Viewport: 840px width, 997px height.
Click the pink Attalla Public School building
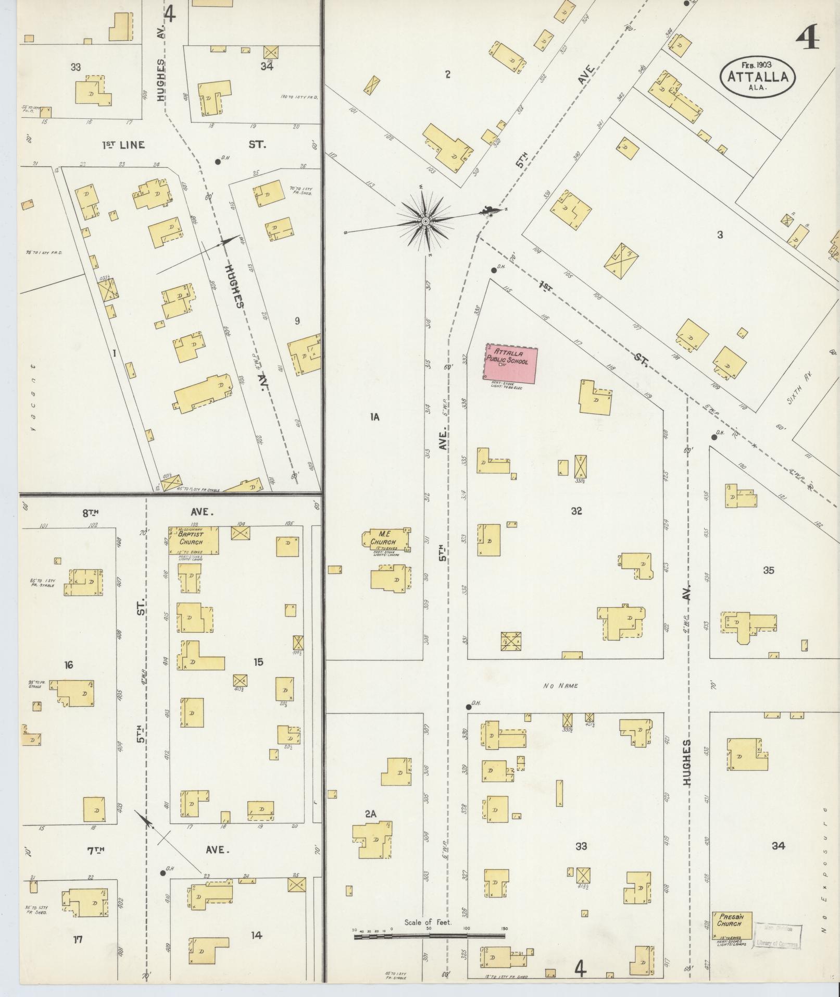pyautogui.click(x=511, y=362)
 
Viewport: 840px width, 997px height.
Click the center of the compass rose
pyautogui.click(x=425, y=221)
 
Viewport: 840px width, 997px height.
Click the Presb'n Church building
pyautogui.click(x=732, y=926)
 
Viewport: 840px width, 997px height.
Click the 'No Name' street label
pyautogui.click(x=560, y=686)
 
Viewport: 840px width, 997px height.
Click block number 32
pyautogui.click(x=576, y=511)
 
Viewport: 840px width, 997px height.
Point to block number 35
pyautogui.click(x=768, y=570)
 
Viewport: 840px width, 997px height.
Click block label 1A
pyautogui.click(x=374, y=417)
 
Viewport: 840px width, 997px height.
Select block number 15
pyautogui.click(x=258, y=662)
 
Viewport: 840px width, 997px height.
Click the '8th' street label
pyautogui.click(x=91, y=512)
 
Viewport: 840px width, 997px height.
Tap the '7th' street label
pyautogui.click(x=95, y=850)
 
